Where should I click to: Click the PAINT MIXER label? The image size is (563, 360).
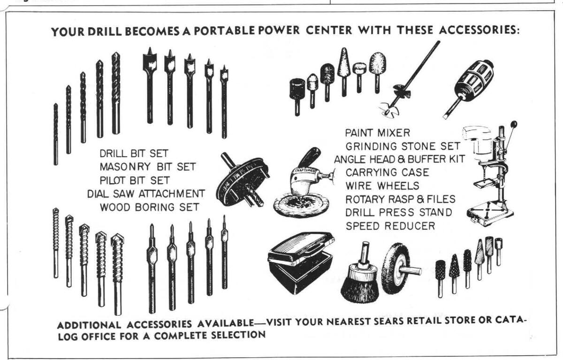(378, 133)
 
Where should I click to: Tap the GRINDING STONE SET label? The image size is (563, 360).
(403, 146)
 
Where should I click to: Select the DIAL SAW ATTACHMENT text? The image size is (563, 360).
(146, 194)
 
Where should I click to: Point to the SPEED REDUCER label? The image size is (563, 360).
(390, 226)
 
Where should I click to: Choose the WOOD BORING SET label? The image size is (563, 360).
(150, 207)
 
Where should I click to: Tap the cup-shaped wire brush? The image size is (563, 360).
(360, 275)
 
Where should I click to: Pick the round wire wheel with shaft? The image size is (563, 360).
(400, 268)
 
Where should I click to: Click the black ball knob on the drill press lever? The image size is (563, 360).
(514, 124)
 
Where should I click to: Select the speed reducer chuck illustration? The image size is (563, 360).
(468, 89)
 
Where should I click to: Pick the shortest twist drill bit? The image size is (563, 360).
(56, 134)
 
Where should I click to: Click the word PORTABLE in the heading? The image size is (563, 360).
(224, 31)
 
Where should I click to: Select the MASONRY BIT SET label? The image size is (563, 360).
(148, 167)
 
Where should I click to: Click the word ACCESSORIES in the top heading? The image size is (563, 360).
(479, 30)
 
